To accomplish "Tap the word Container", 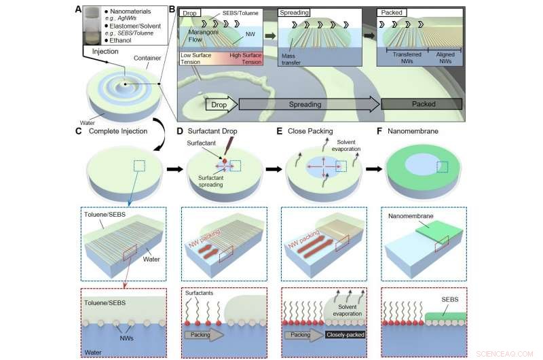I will [145, 58].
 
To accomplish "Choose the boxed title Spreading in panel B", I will [295, 13].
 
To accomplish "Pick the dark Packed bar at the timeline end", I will [422, 105].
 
